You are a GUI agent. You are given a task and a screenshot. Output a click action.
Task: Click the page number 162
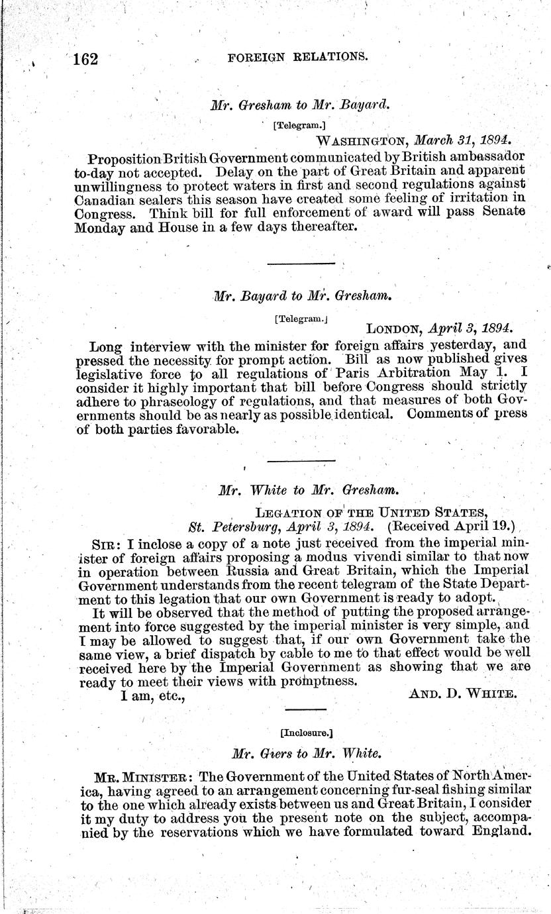coord(85,59)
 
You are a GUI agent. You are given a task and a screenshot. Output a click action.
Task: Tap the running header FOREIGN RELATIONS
coord(297,57)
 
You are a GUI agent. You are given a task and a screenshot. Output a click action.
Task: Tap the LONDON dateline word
coord(395,327)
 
